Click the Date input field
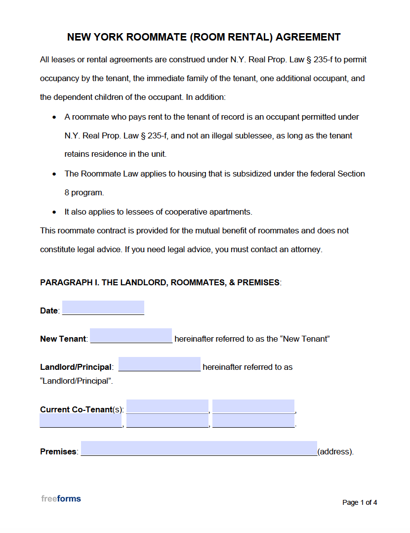point(103,308)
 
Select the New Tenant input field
point(131,336)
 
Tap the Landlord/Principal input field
point(159,364)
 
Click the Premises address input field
point(199,448)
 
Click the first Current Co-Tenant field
point(167,406)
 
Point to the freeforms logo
point(61,498)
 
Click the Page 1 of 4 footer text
point(360,502)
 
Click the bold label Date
point(49,311)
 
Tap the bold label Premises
point(58,452)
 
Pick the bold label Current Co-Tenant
point(76,410)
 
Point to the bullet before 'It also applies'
point(54,212)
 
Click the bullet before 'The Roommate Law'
point(54,174)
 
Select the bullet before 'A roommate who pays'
point(54,117)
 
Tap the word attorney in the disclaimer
point(305,250)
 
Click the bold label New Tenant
point(63,339)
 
